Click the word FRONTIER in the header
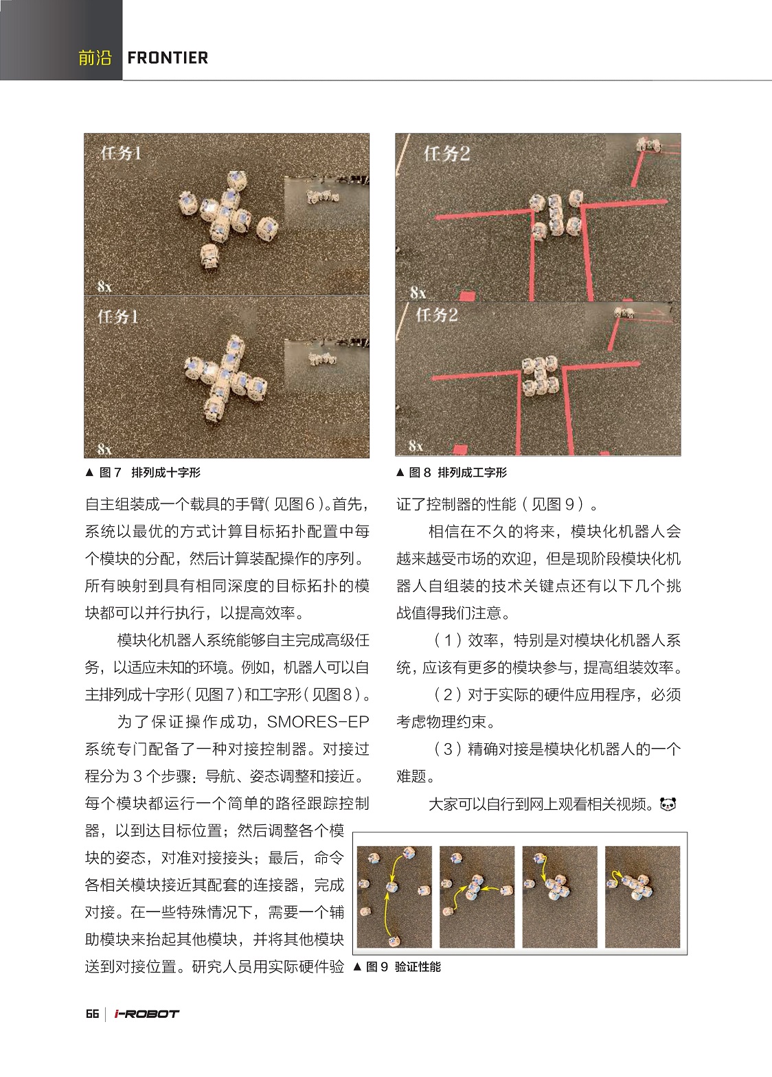pyautogui.click(x=168, y=58)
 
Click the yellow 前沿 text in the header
pyautogui.click(x=95, y=58)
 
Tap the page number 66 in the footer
pyautogui.click(x=92, y=1014)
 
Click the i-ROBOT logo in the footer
pyautogui.click(x=146, y=1014)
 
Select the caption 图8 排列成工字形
pyautogui.click(x=458, y=473)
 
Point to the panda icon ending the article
pyautogui.click(x=668, y=804)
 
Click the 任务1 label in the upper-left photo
pyautogui.click(x=121, y=153)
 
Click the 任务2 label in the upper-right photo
pyautogui.click(x=446, y=153)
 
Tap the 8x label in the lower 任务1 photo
pyautogui.click(x=104, y=449)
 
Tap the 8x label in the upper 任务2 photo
pyautogui.click(x=418, y=293)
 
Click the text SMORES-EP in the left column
pyautogui.click(x=318, y=722)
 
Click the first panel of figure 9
pyautogui.click(x=395, y=896)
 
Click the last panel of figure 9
pyautogui.click(x=642, y=896)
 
